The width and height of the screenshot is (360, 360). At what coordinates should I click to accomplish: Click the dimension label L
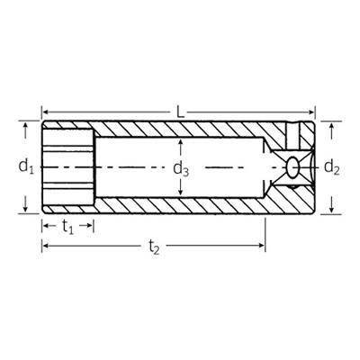pos(180,112)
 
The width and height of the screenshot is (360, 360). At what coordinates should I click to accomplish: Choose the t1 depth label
pos(67,228)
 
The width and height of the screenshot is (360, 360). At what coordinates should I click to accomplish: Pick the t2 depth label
pos(155,246)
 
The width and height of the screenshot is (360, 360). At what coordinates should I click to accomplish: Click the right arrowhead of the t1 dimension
pos(90,227)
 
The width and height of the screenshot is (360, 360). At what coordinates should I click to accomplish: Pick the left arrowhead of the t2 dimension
pos(45,245)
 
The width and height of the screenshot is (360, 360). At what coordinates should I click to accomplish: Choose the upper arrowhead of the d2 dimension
pos(332,125)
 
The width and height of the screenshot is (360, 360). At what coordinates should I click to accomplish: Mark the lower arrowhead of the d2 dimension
pos(332,210)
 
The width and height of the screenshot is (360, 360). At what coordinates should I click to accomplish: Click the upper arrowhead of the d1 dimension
pos(25,125)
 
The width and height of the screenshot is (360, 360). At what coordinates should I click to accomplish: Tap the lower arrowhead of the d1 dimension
pos(25,210)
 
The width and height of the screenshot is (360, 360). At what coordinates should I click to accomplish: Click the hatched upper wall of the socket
pos(180,129)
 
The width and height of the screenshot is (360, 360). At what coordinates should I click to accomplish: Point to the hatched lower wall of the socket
pos(180,206)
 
